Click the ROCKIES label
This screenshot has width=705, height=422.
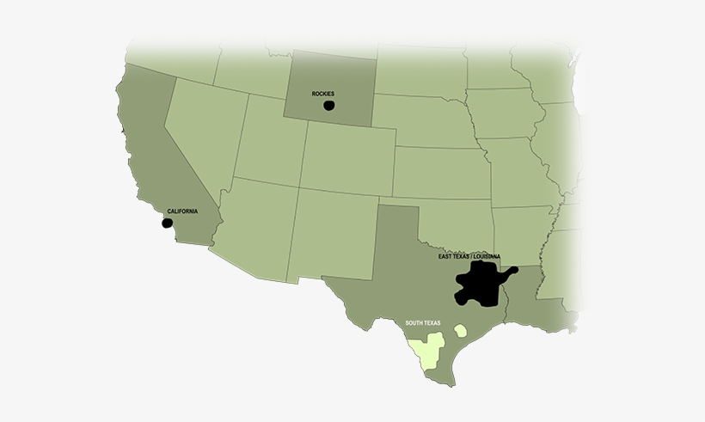[x=323, y=94]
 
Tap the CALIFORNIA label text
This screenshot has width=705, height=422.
[x=181, y=211]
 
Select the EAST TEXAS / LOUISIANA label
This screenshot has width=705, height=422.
[x=469, y=256]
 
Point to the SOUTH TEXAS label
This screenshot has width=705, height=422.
[x=423, y=323]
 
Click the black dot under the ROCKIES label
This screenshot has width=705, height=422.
[x=328, y=106]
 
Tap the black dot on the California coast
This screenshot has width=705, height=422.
[x=167, y=223]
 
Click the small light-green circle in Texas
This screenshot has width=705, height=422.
[x=461, y=330]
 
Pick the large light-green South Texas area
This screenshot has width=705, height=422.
[x=427, y=349]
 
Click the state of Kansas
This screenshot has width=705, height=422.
[x=438, y=172]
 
